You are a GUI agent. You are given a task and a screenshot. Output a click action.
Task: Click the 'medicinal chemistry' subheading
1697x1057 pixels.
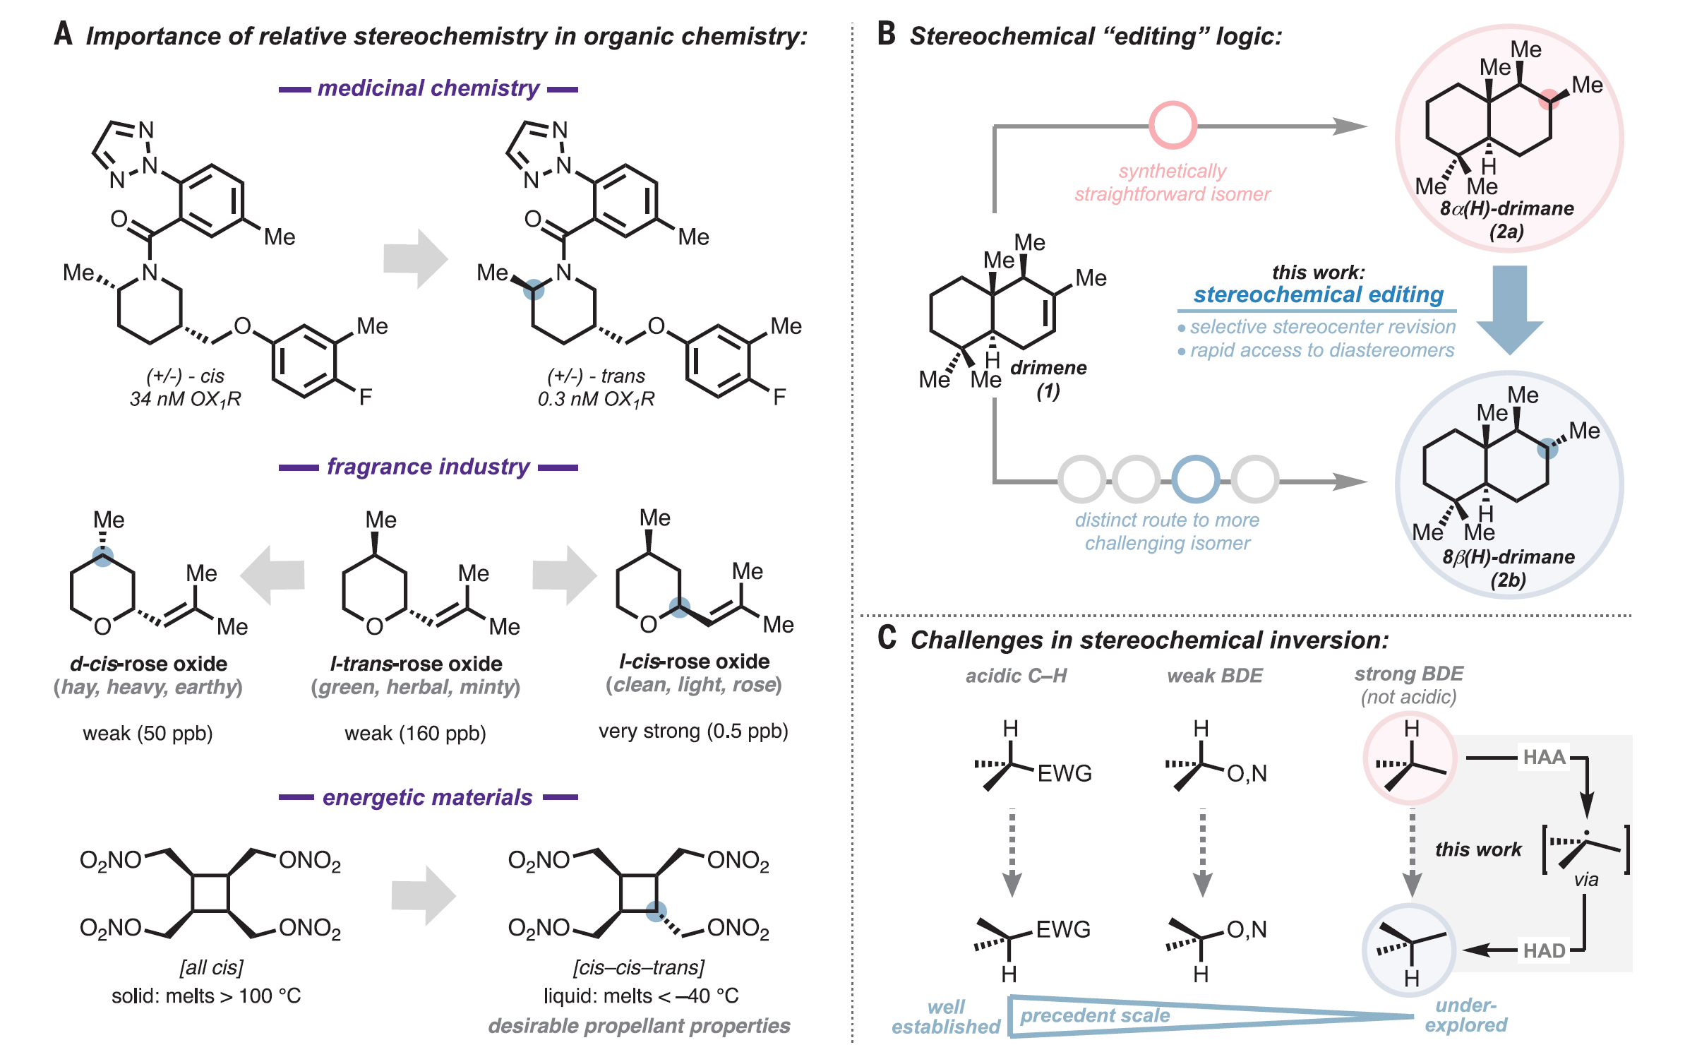click(x=428, y=88)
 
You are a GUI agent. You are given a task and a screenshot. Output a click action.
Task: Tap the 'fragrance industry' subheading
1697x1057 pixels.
click(x=428, y=467)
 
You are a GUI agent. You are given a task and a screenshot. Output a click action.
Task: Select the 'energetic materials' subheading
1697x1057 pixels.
click(x=427, y=797)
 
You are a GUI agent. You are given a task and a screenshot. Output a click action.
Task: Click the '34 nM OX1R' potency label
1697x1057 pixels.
click(x=185, y=400)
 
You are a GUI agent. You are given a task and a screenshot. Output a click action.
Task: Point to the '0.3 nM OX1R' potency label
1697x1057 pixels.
click(x=596, y=400)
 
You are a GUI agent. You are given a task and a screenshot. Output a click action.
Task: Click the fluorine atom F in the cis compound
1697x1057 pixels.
click(x=365, y=397)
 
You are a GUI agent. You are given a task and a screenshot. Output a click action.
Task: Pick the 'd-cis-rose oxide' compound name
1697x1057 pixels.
click(x=148, y=664)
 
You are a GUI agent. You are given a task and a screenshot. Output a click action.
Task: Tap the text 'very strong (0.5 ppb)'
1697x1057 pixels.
click(x=693, y=731)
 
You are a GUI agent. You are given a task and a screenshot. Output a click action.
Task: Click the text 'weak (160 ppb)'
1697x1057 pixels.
click(x=415, y=734)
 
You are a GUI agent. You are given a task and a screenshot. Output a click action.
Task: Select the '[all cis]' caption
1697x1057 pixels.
click(x=211, y=967)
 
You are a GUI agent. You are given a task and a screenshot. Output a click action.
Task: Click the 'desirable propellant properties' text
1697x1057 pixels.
click(x=639, y=1026)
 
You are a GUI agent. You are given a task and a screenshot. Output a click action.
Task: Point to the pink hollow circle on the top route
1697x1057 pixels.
click(x=1173, y=126)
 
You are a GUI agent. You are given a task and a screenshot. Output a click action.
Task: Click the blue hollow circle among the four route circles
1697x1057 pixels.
click(x=1196, y=479)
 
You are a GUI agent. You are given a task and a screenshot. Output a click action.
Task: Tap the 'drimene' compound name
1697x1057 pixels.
click(x=1048, y=368)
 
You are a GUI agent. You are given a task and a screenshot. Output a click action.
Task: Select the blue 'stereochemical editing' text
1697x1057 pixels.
click(x=1318, y=294)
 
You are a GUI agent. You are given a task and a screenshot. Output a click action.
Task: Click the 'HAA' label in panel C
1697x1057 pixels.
click(x=1544, y=758)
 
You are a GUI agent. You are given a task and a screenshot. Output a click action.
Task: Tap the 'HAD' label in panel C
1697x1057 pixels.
click(x=1544, y=950)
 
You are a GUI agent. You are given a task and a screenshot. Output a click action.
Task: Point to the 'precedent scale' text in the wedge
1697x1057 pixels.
click(x=1095, y=1015)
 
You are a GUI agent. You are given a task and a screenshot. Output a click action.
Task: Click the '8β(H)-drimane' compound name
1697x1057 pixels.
click(x=1509, y=557)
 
